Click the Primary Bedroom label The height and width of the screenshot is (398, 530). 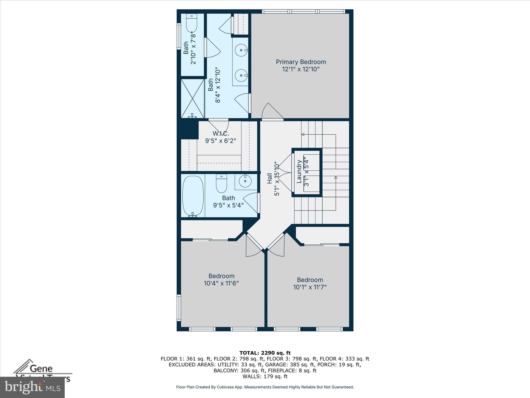tap(301, 62)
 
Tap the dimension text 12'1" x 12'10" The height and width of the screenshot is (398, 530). tap(301, 69)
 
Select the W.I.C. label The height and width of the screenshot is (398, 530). tap(221, 133)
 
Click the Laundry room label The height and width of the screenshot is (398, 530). tap(299, 172)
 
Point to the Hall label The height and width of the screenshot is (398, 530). tap(270, 179)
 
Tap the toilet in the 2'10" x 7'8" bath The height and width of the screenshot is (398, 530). tap(192, 23)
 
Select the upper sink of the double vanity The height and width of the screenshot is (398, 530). tap(241, 50)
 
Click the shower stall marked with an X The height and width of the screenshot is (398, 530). tap(193, 98)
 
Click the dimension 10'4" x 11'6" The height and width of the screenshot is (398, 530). tap(221, 283)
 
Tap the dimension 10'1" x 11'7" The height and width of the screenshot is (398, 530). tap(310, 287)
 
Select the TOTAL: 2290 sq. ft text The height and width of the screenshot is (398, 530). tap(265, 353)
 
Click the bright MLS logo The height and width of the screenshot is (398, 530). tap(32, 387)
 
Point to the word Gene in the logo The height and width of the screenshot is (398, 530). tap(41, 368)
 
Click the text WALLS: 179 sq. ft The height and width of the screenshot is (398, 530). tap(265, 376)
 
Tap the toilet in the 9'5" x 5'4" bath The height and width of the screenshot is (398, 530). tap(221, 183)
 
